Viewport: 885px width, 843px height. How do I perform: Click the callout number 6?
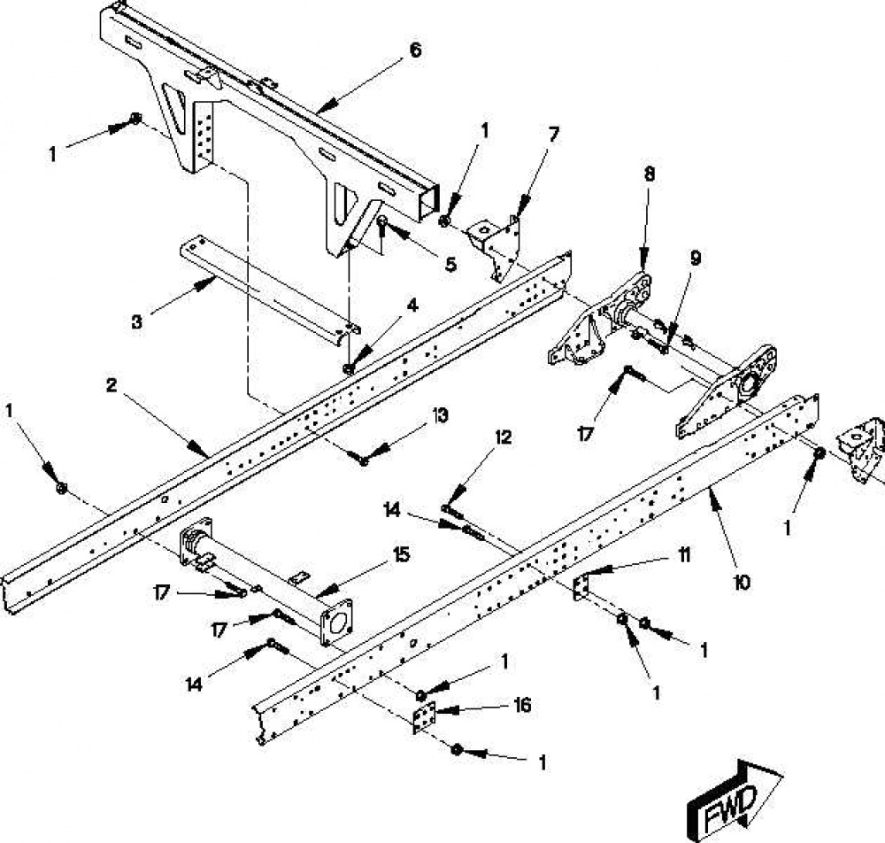tap(415, 50)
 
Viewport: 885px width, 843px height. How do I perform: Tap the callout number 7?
tap(554, 135)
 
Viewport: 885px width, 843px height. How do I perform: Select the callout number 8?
tap(650, 174)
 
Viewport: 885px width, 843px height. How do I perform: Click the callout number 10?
tap(743, 582)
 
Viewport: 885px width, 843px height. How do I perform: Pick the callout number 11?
tap(683, 555)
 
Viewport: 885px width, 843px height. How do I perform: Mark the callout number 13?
tap(440, 416)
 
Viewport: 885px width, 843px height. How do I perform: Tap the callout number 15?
tap(401, 555)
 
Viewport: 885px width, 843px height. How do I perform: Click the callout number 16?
tap(523, 705)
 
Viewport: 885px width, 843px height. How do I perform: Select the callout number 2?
tap(112, 386)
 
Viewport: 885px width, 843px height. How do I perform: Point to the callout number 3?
tap(136, 322)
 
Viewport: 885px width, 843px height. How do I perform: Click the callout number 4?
tap(412, 305)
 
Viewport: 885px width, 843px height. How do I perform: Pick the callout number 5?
tap(450, 265)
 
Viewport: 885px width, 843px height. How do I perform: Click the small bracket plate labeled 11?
tap(581, 587)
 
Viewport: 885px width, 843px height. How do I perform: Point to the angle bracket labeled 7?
tap(496, 247)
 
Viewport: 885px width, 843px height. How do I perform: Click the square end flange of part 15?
tap(336, 621)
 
